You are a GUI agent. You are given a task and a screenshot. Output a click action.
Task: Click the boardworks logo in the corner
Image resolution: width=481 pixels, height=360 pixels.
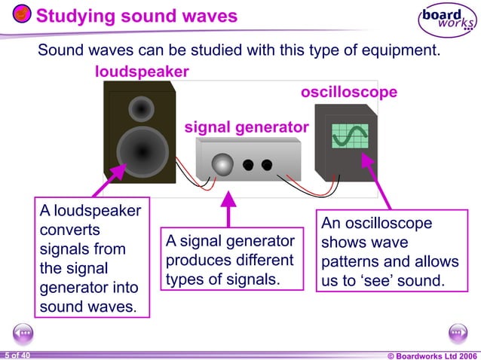pyautogui.click(x=447, y=21)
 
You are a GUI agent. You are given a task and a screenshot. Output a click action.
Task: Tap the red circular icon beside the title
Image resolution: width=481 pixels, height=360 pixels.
pyautogui.click(x=22, y=15)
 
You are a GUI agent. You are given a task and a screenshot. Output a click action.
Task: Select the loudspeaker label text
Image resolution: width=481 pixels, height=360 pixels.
pyautogui.click(x=142, y=72)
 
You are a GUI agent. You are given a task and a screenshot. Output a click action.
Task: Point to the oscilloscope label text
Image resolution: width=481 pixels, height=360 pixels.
pyautogui.click(x=349, y=93)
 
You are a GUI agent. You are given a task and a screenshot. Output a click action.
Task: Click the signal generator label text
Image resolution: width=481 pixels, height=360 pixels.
pyautogui.click(x=247, y=127)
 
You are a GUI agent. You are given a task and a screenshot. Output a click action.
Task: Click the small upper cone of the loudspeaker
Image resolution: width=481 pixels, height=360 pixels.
pyautogui.click(x=140, y=110)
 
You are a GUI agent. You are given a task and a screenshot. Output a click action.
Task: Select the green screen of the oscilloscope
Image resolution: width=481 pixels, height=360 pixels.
pyautogui.click(x=350, y=136)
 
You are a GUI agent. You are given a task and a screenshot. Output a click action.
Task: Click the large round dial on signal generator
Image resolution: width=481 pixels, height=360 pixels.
pyautogui.click(x=222, y=164)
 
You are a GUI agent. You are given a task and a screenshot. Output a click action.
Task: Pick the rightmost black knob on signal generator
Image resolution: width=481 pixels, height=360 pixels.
pyautogui.click(x=266, y=165)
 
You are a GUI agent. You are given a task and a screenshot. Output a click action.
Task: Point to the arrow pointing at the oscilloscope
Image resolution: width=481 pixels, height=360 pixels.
pyautogui.click(x=376, y=180)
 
